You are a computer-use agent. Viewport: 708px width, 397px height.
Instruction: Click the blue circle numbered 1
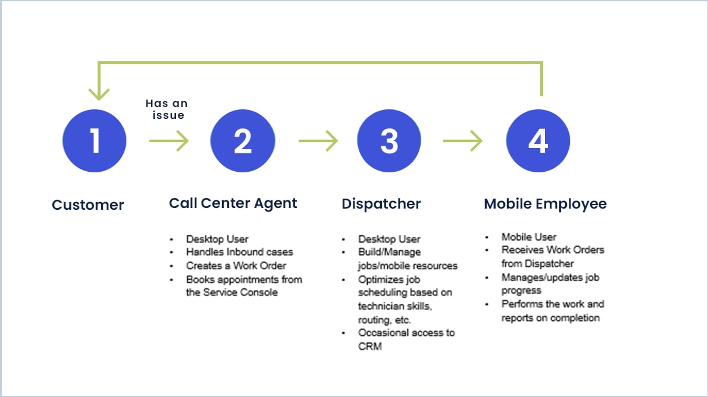coord(95,141)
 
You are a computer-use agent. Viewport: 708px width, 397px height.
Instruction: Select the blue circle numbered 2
coord(242,141)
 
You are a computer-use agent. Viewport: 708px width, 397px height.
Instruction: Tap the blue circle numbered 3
coord(389,141)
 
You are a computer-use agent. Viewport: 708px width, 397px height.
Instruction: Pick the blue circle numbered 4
coord(538,141)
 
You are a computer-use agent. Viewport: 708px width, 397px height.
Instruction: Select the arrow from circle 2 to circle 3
coord(318,141)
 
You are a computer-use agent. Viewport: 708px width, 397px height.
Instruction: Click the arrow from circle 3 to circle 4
coord(463,141)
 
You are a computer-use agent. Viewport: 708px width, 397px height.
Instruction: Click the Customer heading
coord(88,205)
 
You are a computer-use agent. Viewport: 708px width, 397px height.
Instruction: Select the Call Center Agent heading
coord(233,203)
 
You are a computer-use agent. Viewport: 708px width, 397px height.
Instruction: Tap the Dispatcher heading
coord(381,204)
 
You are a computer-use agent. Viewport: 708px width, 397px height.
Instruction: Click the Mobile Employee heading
coord(545,204)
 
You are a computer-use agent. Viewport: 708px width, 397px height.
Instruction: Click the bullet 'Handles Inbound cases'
coord(239,252)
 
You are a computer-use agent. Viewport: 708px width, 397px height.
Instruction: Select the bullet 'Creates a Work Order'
coord(236,266)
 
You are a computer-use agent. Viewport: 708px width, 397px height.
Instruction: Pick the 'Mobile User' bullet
coord(529,237)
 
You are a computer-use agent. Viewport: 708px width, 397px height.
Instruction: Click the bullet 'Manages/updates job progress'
coord(550,283)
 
